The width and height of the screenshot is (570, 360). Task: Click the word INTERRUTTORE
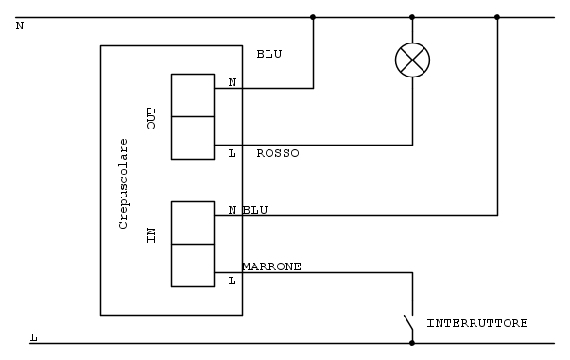[x=477, y=323]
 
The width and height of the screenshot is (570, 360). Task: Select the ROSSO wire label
[x=278, y=153]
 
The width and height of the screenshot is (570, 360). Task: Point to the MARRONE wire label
[x=271, y=266]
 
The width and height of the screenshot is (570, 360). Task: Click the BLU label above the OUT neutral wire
[x=269, y=54]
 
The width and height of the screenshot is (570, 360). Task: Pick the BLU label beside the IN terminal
[x=255, y=210]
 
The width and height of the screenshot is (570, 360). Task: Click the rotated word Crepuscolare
[x=123, y=183]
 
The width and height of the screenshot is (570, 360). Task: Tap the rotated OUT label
[x=151, y=118]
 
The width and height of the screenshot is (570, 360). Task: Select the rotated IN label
[x=151, y=235]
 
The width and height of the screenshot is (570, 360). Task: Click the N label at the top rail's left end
[x=20, y=26]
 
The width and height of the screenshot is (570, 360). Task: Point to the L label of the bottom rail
[x=33, y=337]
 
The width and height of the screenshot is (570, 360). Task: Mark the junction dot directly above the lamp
[x=412, y=17]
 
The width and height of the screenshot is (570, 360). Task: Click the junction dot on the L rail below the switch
[x=412, y=343]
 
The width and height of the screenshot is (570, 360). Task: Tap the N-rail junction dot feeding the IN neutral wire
[x=497, y=17]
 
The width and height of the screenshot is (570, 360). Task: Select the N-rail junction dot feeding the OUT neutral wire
[x=313, y=17]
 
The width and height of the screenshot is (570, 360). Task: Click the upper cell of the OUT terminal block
[x=193, y=95]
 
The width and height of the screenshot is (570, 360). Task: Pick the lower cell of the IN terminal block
[x=193, y=266]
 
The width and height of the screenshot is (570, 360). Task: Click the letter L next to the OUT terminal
[x=232, y=153]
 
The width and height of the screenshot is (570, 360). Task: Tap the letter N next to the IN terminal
[x=233, y=210]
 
